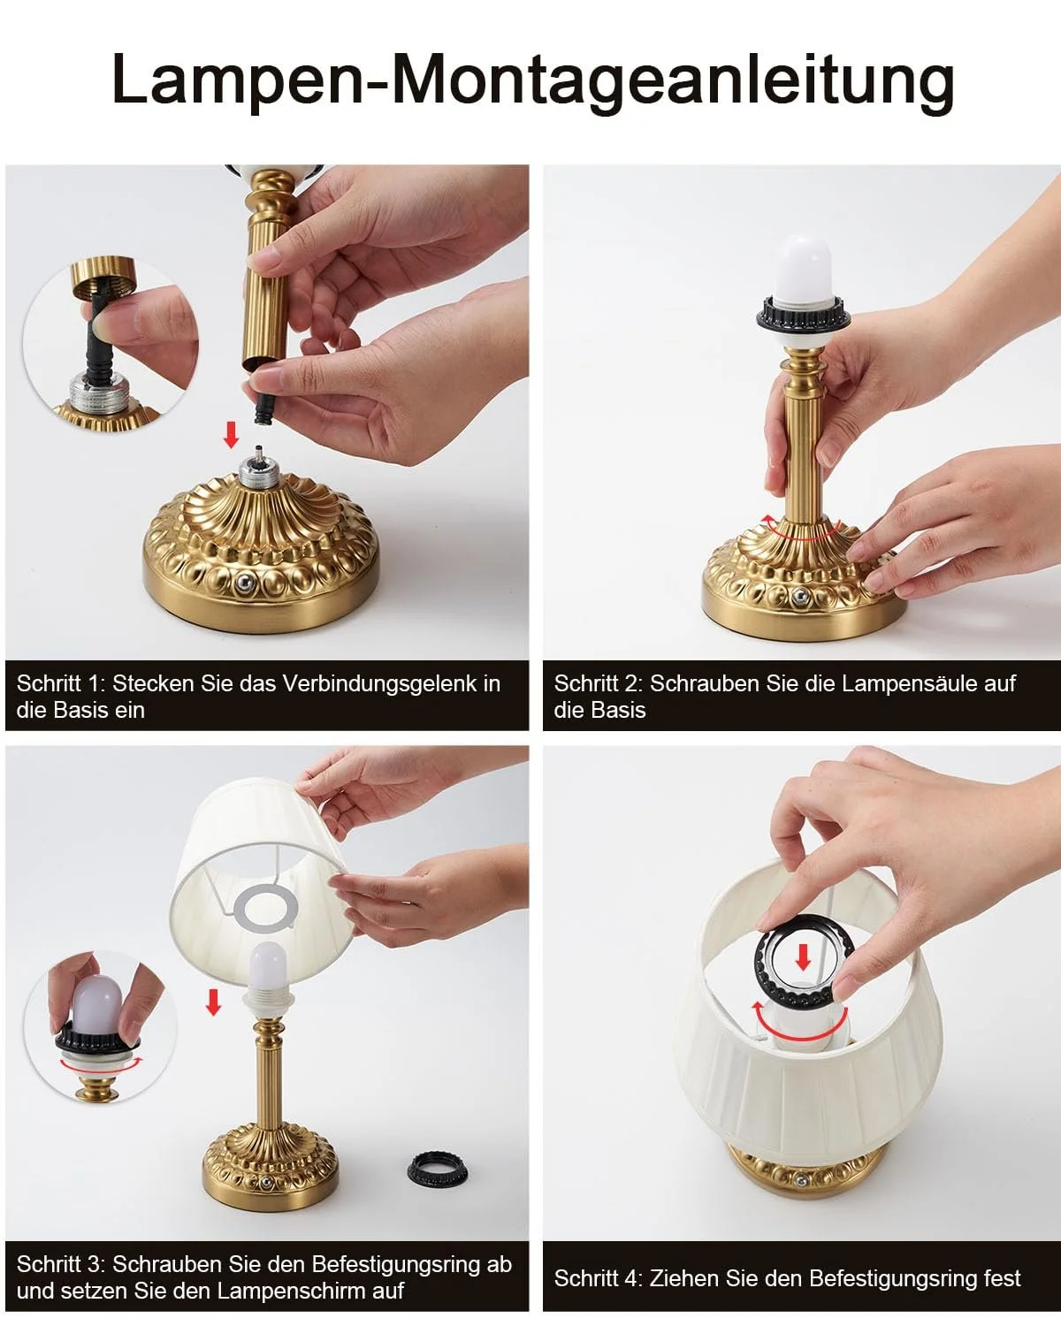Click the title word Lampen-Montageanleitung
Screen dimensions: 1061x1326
(533, 81)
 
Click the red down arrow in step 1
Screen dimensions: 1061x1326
(231, 434)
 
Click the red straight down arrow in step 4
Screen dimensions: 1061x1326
(803, 958)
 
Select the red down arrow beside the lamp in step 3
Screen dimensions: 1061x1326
(213, 1002)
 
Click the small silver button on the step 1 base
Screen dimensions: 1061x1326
(245, 582)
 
